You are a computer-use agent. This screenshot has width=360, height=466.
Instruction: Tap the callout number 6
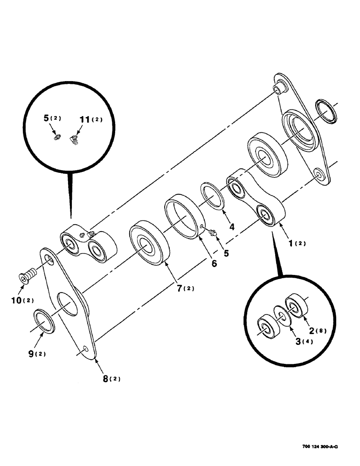[x=214, y=263]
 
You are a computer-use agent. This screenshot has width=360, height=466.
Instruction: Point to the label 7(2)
[x=185, y=288]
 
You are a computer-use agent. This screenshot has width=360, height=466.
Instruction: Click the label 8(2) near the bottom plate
[x=111, y=378]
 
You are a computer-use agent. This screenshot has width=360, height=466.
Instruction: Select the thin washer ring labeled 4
[x=214, y=195]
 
